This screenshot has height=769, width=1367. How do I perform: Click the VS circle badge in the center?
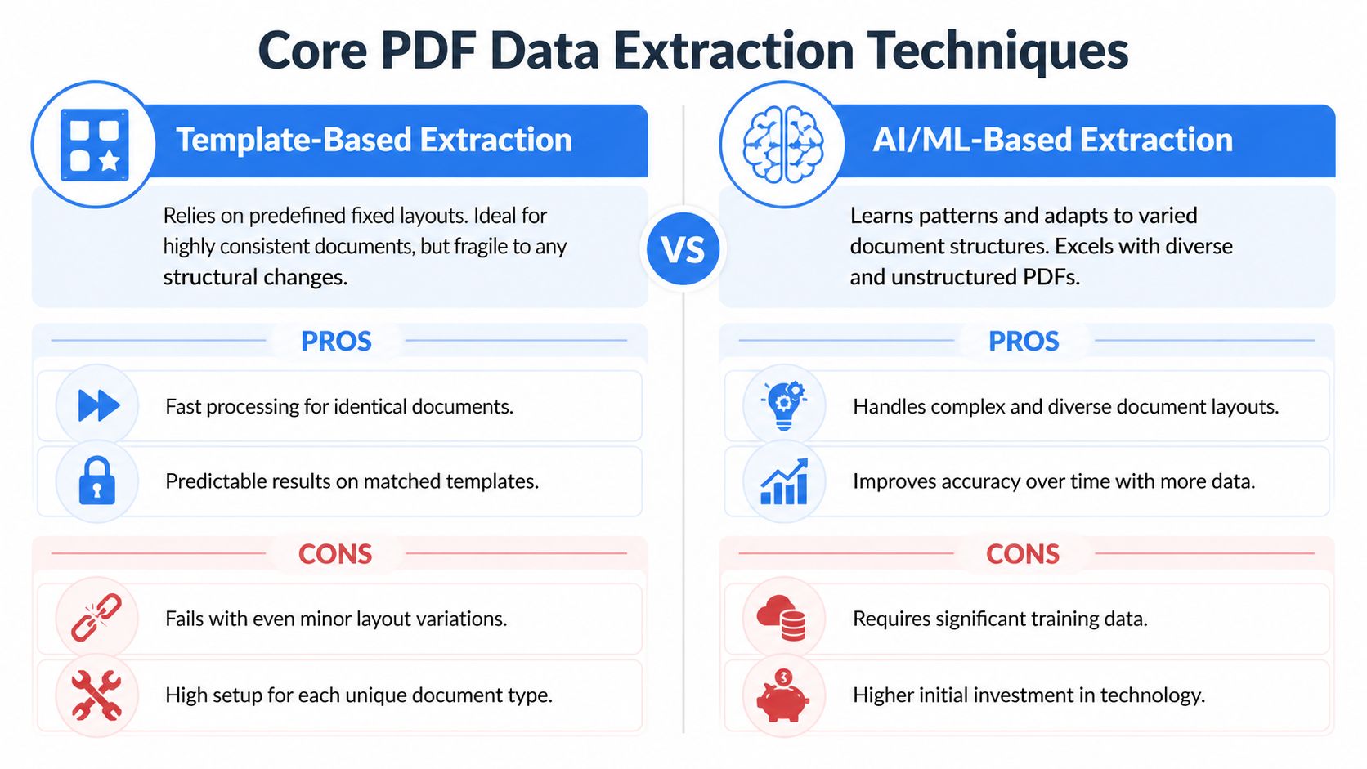(683, 248)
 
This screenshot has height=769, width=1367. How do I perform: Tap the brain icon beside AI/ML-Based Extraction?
(783, 145)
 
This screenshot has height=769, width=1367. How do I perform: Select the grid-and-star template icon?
(95, 145)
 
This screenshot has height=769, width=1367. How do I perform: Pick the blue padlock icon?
(97, 481)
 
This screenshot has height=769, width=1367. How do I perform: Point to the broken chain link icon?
(96, 618)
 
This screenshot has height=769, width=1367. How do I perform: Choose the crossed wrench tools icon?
(96, 695)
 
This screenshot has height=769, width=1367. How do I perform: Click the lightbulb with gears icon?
(784, 405)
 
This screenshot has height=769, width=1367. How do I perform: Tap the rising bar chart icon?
(784, 481)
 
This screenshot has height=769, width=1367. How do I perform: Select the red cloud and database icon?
(782, 618)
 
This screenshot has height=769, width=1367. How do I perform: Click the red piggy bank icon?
(783, 695)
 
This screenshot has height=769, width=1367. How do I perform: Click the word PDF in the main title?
(428, 51)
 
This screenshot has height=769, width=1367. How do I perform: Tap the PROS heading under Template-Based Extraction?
(336, 341)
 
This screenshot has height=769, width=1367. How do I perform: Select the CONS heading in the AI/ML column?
(1023, 554)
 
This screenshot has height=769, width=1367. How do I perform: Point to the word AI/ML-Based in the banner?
(971, 140)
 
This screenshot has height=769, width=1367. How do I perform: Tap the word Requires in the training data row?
(891, 619)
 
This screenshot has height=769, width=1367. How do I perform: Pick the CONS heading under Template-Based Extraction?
(335, 554)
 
